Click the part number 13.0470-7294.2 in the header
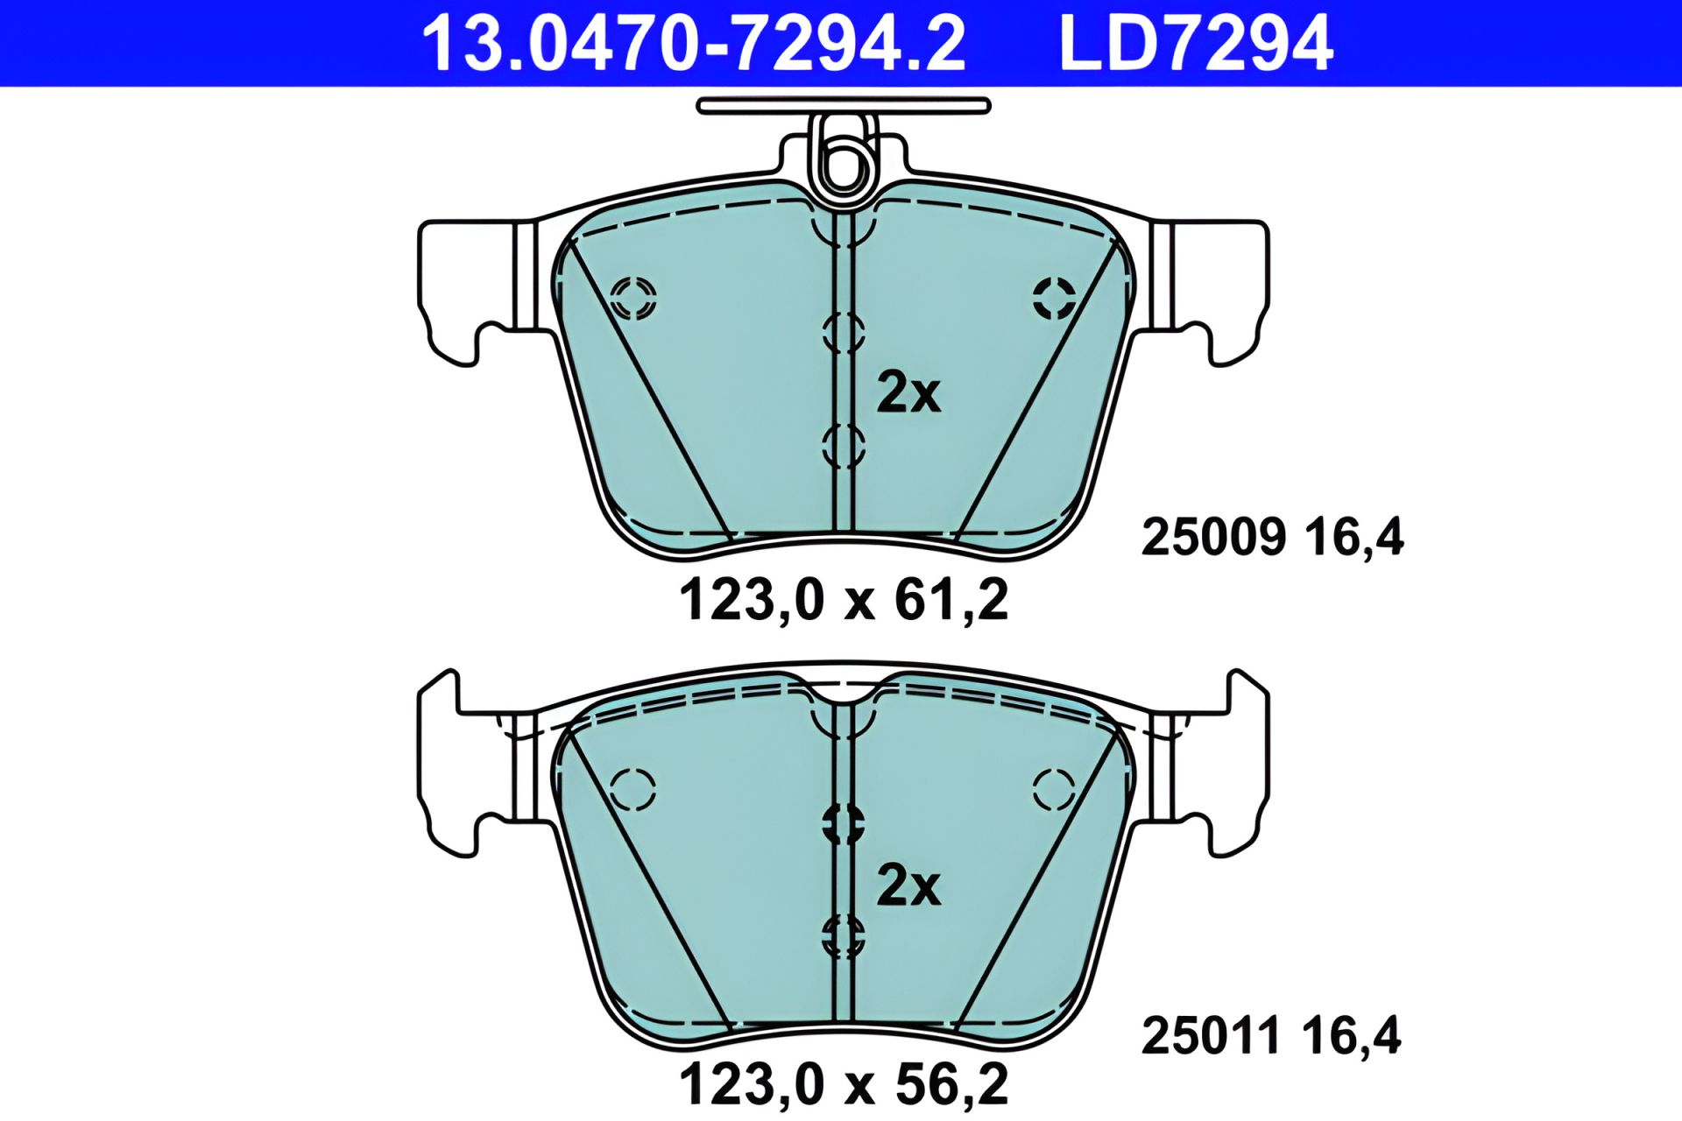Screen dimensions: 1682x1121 pyautogui.click(x=694, y=43)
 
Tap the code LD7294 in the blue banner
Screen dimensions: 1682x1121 pyautogui.click(x=1196, y=43)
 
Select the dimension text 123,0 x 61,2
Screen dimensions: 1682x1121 pyautogui.click(x=844, y=600)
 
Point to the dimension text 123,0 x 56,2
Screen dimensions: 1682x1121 pyautogui.click(x=844, y=1084)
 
